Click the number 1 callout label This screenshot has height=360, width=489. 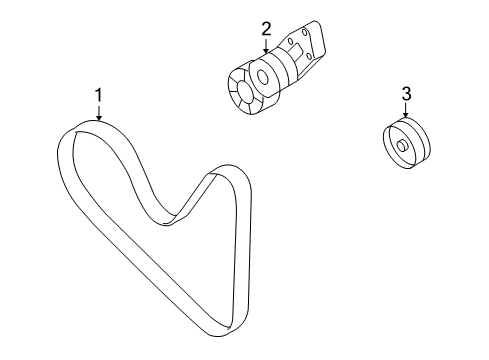(x=99, y=95)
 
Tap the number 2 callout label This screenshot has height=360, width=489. (x=266, y=29)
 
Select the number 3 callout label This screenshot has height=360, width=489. (x=406, y=94)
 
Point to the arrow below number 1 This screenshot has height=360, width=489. (x=99, y=113)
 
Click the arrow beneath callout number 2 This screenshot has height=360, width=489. (x=266, y=46)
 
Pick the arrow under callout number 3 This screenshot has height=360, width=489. (x=406, y=110)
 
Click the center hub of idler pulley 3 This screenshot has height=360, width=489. (x=403, y=146)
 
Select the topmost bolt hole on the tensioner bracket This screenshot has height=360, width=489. (x=304, y=32)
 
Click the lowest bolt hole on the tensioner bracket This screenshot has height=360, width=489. (x=310, y=56)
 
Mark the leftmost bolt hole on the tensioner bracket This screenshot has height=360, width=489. (x=290, y=41)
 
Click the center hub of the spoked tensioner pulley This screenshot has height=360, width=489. (x=244, y=91)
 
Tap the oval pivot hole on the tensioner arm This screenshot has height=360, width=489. (x=263, y=78)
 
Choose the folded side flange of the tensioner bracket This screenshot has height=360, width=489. (x=319, y=39)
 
